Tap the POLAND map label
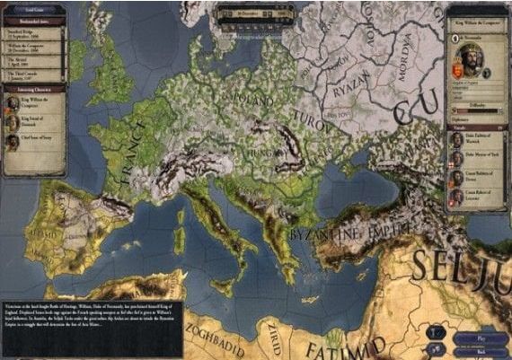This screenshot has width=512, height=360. click(x=254, y=93)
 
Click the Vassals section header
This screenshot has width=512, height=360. click(x=477, y=127)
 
